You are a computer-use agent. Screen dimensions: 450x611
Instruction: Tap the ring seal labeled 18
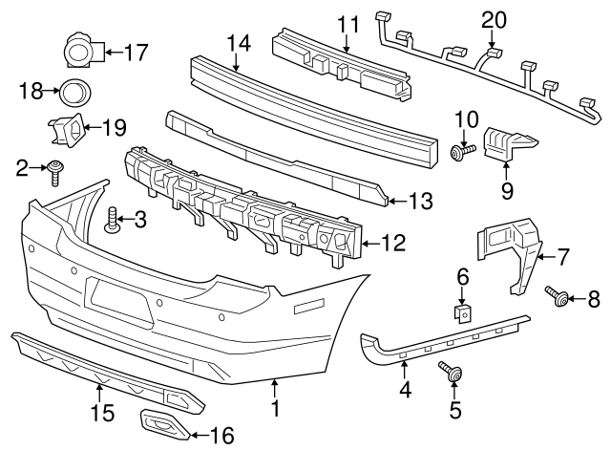pos(73,93)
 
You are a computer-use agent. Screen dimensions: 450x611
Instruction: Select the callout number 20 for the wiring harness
pos(494,19)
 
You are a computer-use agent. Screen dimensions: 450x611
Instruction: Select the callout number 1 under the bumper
pos(275,412)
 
